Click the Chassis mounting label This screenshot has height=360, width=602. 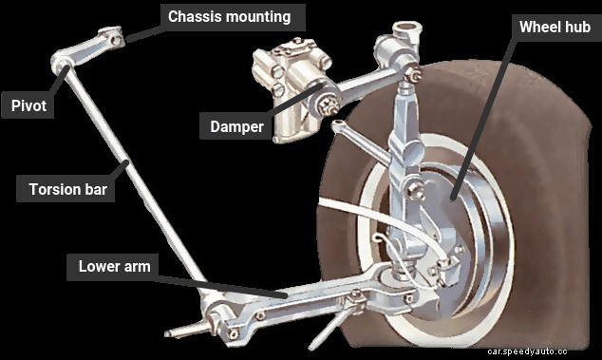[x=229, y=16]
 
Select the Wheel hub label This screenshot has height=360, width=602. [x=554, y=27]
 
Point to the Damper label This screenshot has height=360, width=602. [x=236, y=125]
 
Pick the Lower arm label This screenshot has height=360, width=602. [x=114, y=267]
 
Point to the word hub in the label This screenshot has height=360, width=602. [x=578, y=27]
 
